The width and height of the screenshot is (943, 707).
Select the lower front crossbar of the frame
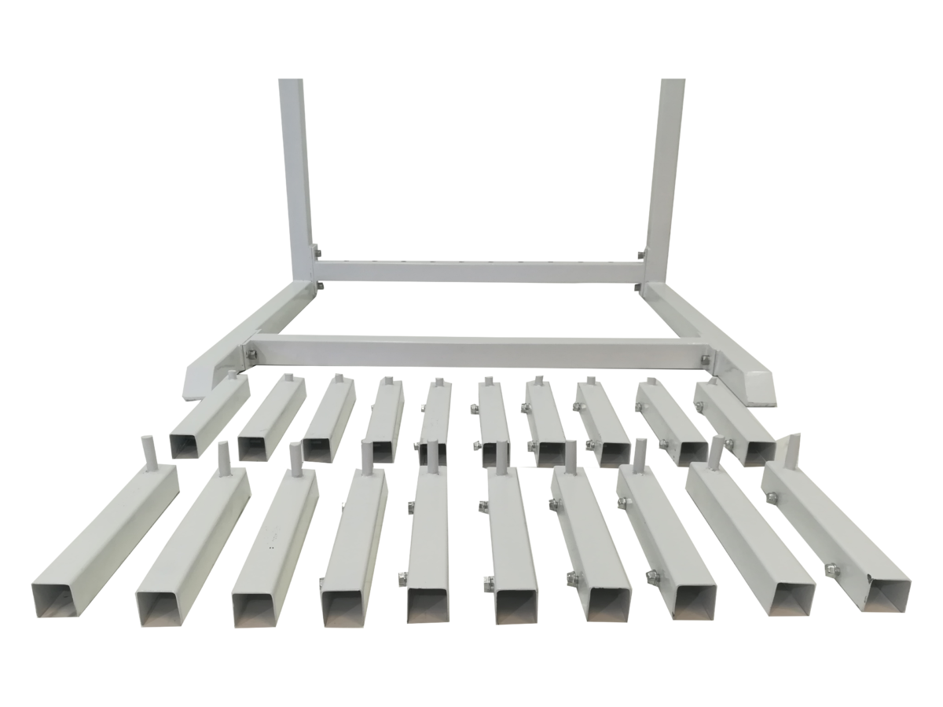(479, 350)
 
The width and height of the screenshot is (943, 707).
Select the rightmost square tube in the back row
(735, 424)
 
